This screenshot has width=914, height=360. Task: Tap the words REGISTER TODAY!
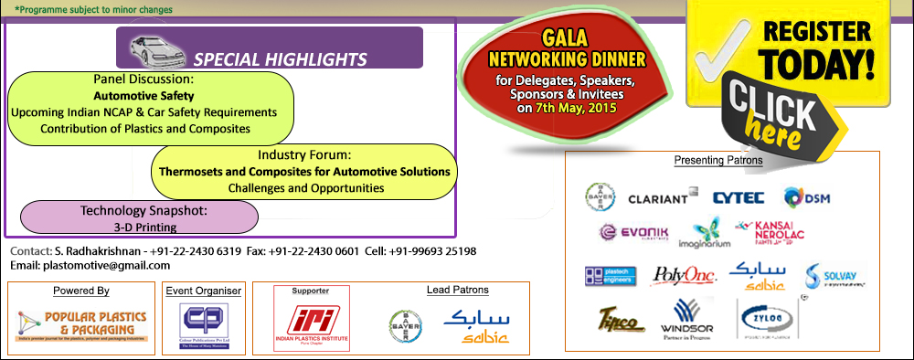click(807, 51)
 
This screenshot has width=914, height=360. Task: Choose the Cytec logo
click(738, 196)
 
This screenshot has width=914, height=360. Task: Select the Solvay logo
click(834, 275)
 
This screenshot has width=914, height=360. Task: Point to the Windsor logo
click(689, 320)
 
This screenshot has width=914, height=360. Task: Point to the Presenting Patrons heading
click(718, 161)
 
